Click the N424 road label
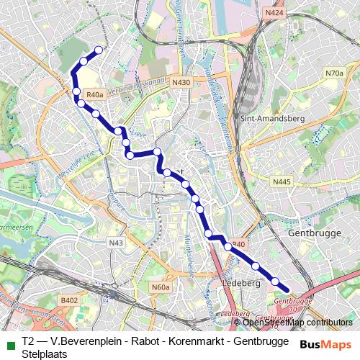(x=274, y=13)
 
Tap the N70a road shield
(x=334, y=73)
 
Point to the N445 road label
(x=282, y=183)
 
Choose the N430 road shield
(x=181, y=83)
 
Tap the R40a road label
(x=95, y=94)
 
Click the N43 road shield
(x=117, y=243)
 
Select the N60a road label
(x=161, y=287)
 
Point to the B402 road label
(x=69, y=300)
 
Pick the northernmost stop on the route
(x=99, y=50)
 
